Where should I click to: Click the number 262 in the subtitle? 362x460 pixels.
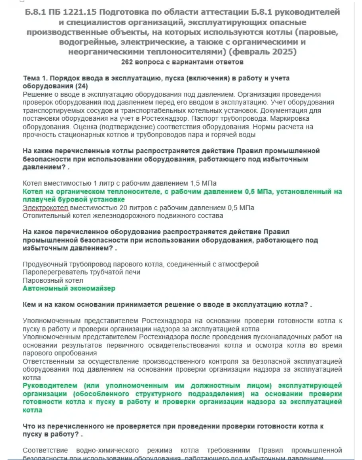pos(127,63)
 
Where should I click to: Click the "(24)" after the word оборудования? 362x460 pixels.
pos(82,86)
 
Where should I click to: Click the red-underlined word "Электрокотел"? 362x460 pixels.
pos(46,208)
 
